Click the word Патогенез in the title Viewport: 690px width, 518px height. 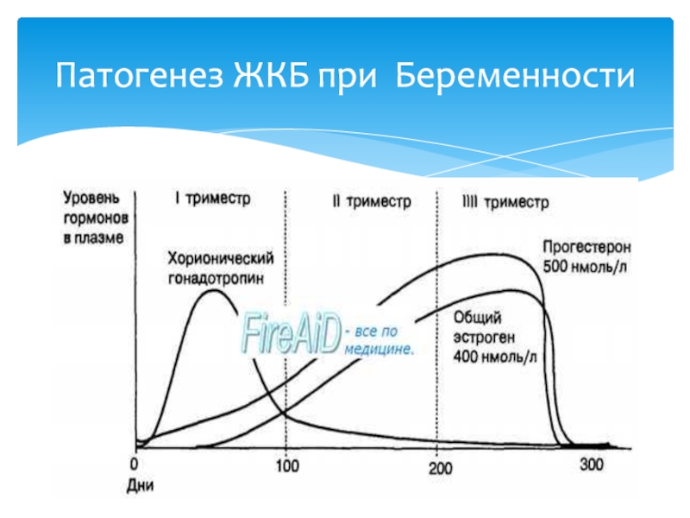tap(139, 75)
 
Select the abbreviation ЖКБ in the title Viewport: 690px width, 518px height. tap(270, 75)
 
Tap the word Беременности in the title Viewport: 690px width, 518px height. tap(515, 75)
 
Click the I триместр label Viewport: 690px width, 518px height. tap(212, 199)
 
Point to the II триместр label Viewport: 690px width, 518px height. tap(372, 201)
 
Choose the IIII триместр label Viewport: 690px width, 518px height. tap(505, 202)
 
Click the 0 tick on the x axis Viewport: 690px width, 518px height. tap(135, 464)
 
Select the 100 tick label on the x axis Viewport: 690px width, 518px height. tap(287, 465)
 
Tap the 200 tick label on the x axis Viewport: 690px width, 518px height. tap(440, 468)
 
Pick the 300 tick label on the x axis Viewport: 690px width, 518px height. tap(592, 464)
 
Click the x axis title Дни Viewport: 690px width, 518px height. tap(140, 485)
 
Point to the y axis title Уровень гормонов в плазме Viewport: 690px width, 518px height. tap(96, 218)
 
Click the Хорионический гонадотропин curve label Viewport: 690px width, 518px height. tap(221, 268)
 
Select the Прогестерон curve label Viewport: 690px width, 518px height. tap(586, 247)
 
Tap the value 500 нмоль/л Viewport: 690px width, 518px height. tap(585, 267)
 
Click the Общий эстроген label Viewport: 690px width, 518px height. tap(484, 327)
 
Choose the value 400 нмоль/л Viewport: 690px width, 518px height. tap(495, 357)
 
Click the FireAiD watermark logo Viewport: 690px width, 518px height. tap(292, 333)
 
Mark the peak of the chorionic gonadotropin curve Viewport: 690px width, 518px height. tap(214, 290)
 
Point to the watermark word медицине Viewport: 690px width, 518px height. tap(379, 350)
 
